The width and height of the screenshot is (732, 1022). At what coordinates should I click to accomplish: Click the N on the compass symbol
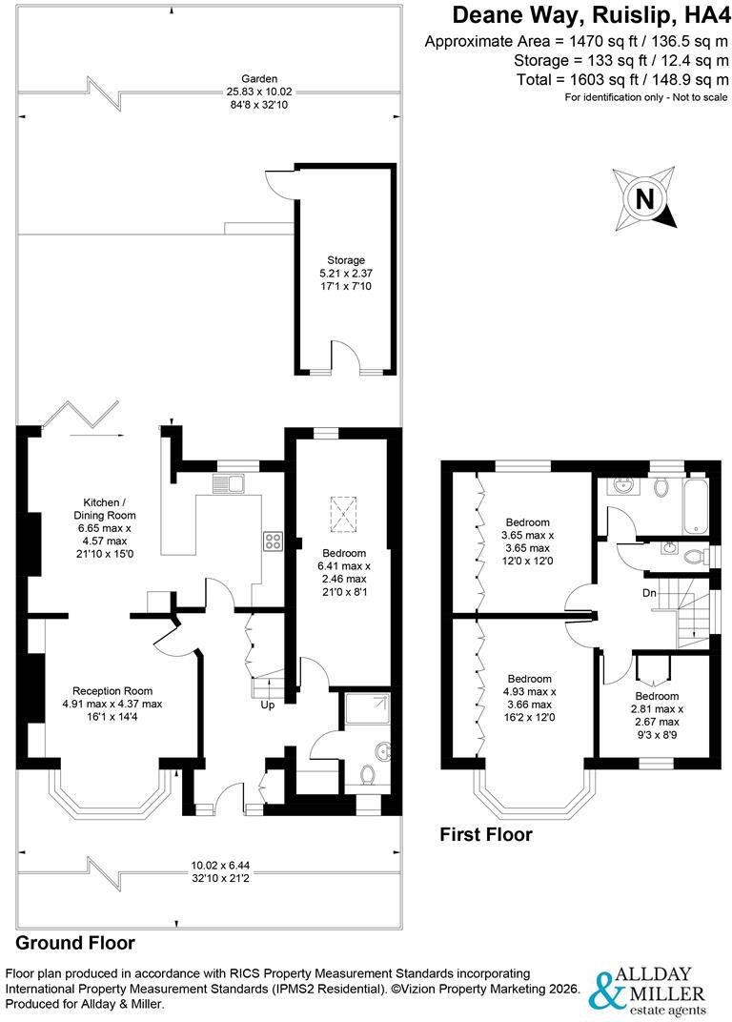[x=644, y=198]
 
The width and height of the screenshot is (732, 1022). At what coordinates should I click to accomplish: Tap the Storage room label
[x=345, y=260]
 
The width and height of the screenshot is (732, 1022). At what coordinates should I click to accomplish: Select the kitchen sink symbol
[x=228, y=483]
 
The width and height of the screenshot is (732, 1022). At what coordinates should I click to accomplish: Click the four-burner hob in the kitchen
[x=273, y=541]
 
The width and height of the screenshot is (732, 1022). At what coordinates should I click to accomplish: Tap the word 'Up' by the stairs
[x=267, y=705]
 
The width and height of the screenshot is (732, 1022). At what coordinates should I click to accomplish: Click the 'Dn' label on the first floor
[x=649, y=593]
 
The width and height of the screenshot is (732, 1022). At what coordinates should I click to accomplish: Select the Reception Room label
[x=112, y=691]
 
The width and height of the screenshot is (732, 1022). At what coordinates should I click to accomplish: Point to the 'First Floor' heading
[x=485, y=834]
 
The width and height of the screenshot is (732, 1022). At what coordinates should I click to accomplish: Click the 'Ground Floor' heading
[x=75, y=943]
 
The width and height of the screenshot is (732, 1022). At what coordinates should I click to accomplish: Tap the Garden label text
[x=259, y=79]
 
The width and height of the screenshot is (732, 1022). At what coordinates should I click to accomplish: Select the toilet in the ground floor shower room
[x=369, y=775]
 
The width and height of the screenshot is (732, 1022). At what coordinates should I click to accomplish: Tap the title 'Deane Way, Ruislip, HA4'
[x=590, y=14]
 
